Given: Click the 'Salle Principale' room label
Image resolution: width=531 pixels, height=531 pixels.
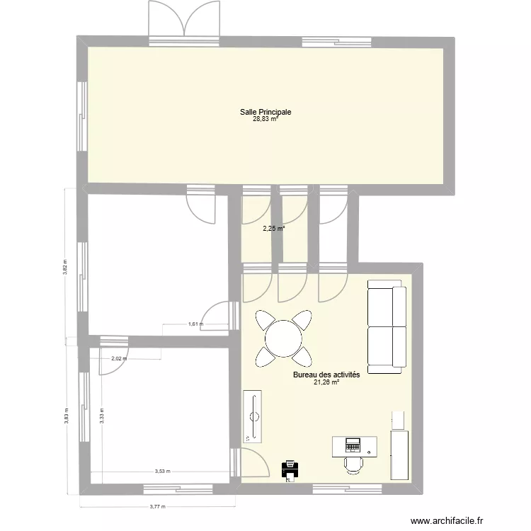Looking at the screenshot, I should point(265,112).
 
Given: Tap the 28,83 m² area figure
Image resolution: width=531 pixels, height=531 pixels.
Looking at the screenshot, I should point(265,120).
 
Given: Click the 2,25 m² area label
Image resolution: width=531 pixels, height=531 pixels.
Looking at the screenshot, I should point(273,228).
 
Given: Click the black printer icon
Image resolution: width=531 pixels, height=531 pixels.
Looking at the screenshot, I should point(289,469).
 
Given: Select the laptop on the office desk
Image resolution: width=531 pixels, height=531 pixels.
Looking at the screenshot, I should point(353,445).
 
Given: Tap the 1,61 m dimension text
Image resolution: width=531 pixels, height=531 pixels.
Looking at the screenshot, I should point(196,325).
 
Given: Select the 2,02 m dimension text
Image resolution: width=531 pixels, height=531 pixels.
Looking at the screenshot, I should point(119,358).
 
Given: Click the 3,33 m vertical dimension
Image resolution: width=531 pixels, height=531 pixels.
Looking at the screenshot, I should point(101,416).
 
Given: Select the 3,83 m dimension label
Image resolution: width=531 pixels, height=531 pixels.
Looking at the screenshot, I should point(67,416).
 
